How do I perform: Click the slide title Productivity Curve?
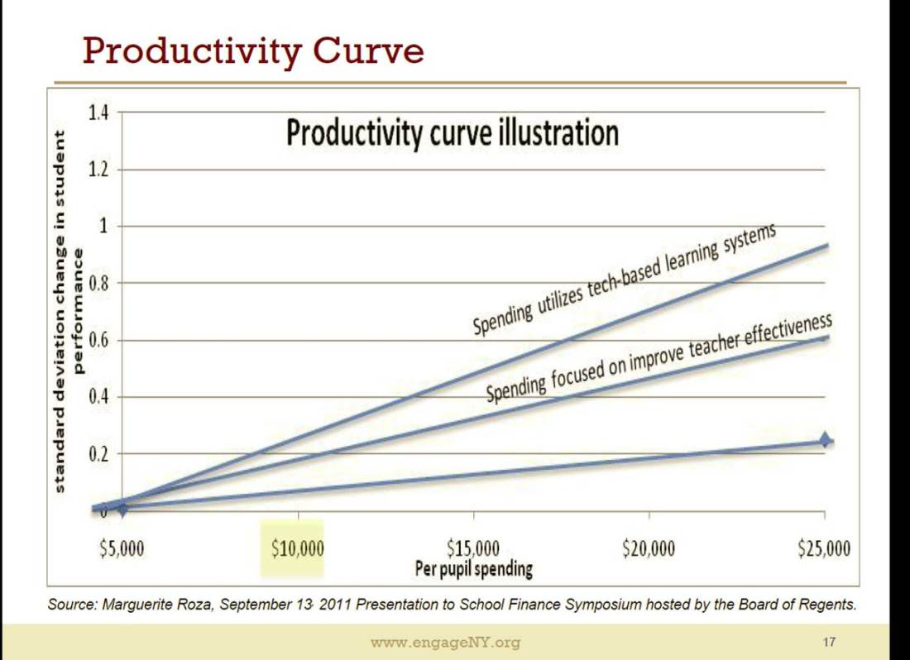click(253, 51)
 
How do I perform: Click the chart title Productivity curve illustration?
click(453, 132)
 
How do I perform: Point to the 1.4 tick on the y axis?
click(98, 113)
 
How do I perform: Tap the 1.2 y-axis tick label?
click(98, 170)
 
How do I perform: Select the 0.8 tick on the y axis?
click(98, 284)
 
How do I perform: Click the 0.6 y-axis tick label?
click(98, 340)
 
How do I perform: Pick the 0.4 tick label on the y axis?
click(98, 397)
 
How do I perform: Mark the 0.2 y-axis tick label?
click(98, 454)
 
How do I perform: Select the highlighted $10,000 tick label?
click(298, 549)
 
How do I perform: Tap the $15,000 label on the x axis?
click(473, 548)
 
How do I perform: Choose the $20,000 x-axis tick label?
click(649, 549)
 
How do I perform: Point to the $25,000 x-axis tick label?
click(824, 549)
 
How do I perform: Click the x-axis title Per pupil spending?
click(473, 569)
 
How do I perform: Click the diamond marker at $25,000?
click(825, 440)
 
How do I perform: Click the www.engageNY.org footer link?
click(445, 643)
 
